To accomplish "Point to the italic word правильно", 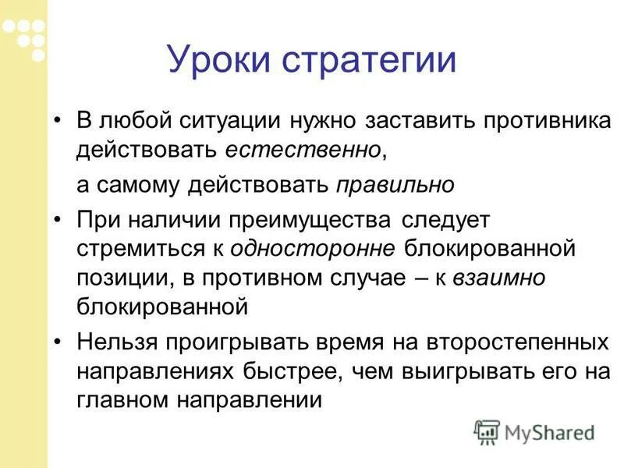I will pyautogui.click(x=395, y=186).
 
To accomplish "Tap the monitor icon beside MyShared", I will pyautogui.click(x=487, y=431).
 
